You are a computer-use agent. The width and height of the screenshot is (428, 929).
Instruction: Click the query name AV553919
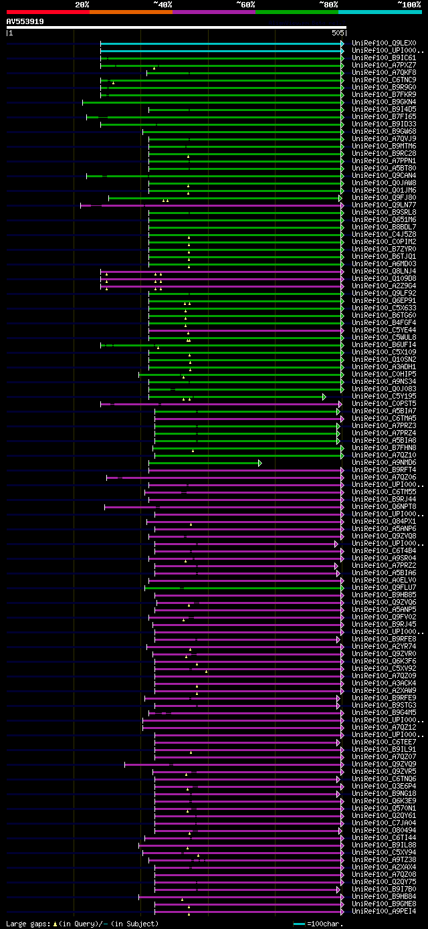(x=25, y=21)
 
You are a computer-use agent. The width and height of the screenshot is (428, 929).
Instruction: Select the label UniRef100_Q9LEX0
(x=379, y=43)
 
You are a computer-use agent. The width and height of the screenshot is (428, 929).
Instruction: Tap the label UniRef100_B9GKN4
(x=379, y=102)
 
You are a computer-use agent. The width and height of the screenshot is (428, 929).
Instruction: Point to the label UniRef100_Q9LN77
(x=379, y=205)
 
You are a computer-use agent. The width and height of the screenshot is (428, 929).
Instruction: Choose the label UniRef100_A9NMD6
(x=379, y=462)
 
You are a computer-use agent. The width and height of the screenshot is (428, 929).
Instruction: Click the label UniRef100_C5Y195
(x=379, y=396)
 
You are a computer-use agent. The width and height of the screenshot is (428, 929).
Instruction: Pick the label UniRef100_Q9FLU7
(x=379, y=587)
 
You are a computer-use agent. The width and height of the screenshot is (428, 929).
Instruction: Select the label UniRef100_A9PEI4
(x=379, y=911)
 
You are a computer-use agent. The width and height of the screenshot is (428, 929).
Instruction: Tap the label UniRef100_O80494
(x=379, y=830)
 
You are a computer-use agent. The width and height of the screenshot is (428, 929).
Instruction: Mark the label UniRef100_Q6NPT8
(x=379, y=506)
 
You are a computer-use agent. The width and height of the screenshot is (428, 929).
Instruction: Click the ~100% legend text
(x=409, y=5)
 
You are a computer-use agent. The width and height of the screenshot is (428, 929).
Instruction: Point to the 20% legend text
(x=82, y=5)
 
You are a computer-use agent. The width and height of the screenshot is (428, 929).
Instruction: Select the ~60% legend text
(x=245, y=5)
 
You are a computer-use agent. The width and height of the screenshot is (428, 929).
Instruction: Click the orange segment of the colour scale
(x=130, y=12)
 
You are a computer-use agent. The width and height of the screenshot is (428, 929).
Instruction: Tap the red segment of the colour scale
(x=47, y=12)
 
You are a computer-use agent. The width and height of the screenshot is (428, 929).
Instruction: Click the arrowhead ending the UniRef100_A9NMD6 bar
(x=260, y=463)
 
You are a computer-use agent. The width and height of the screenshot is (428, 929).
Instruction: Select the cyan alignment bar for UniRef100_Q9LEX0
(x=221, y=43)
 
